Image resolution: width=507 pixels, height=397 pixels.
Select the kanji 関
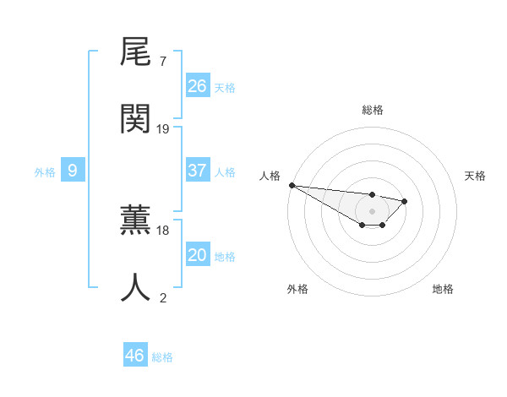pyautogui.click(x=135, y=119)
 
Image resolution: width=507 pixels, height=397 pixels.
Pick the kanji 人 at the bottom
pyautogui.click(x=135, y=287)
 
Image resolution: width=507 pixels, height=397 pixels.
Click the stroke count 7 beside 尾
pyautogui.click(x=162, y=62)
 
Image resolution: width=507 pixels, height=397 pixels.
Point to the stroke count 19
pyautogui.click(x=163, y=128)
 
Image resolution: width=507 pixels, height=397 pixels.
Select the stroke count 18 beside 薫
pyautogui.click(x=163, y=230)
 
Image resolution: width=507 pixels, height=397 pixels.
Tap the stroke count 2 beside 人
pyautogui.click(x=162, y=296)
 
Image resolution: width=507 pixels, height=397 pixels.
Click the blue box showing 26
pyautogui.click(x=198, y=85)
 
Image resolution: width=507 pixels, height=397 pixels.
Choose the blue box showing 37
pyautogui.click(x=198, y=171)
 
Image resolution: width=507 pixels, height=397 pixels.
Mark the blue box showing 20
pyautogui.click(x=198, y=255)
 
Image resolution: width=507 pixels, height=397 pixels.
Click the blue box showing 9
pyautogui.click(x=73, y=171)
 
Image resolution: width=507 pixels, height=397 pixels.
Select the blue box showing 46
pyautogui.click(x=135, y=356)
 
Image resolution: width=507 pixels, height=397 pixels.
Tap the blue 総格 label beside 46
pyautogui.click(x=162, y=357)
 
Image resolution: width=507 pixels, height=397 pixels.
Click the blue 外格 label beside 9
pyautogui.click(x=45, y=172)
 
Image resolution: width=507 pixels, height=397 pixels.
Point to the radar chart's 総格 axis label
pyautogui.click(x=373, y=110)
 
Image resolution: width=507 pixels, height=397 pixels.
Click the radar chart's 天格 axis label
pyautogui.click(x=476, y=176)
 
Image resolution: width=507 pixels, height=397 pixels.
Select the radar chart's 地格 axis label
pyautogui.click(x=443, y=289)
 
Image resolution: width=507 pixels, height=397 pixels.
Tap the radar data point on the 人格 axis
pyautogui.click(x=292, y=185)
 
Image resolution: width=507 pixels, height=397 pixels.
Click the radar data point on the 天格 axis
pyautogui.click(x=405, y=201)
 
